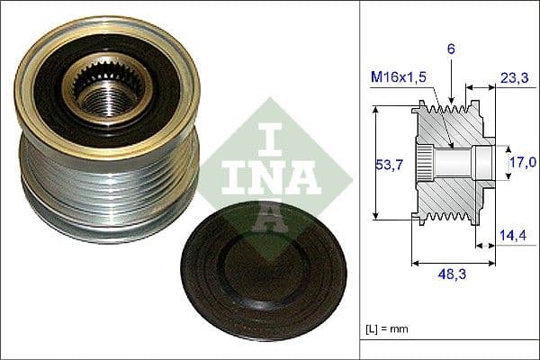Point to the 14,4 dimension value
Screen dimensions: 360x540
(x=512, y=236)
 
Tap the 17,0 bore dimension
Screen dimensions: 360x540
(x=522, y=162)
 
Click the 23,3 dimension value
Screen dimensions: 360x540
(x=513, y=78)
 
